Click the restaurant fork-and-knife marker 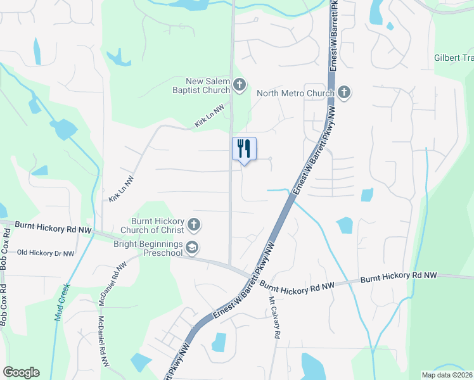(244, 149)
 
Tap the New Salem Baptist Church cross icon (239, 84)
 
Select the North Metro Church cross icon (343, 93)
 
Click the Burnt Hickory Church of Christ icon (194, 224)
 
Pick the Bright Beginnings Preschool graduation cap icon (192, 248)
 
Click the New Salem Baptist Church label (207, 85)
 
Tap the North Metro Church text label (295, 94)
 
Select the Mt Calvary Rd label (274, 317)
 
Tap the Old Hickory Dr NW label (45, 253)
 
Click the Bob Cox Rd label (4, 307)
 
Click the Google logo (21, 372)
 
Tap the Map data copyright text (447, 375)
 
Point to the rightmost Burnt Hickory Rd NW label (399, 277)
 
